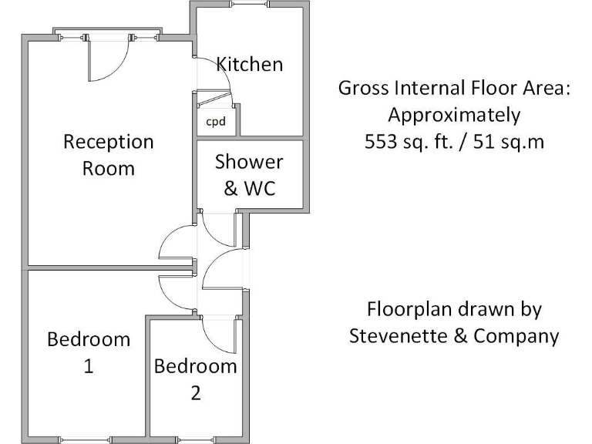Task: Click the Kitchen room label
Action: (249, 64)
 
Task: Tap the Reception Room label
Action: (109, 155)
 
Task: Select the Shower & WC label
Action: (249, 174)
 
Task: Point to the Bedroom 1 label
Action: (89, 352)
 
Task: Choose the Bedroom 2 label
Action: (196, 378)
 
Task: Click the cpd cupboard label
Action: (216, 122)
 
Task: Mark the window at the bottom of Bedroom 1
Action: (86, 439)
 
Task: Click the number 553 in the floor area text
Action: (380, 142)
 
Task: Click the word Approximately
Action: (454, 116)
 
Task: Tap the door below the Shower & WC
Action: (218, 231)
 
